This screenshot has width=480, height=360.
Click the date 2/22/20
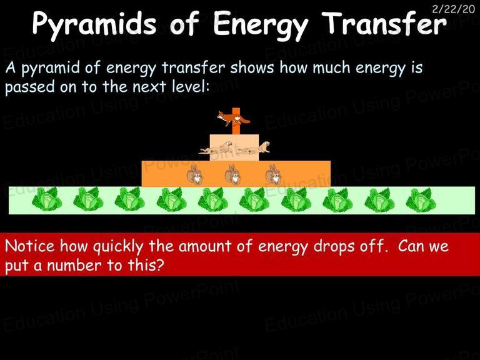(x=453, y=9)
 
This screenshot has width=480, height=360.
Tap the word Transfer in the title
(x=385, y=23)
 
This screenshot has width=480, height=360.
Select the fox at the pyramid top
(x=233, y=119)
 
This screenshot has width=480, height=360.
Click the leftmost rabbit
(x=195, y=174)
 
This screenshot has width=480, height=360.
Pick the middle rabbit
(x=233, y=174)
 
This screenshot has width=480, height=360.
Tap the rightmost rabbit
(x=273, y=174)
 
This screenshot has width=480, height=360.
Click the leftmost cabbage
(x=47, y=199)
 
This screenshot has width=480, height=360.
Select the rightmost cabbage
(x=421, y=200)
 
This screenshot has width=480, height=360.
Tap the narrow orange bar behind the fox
(x=236, y=121)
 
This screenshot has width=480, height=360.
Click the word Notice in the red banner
(x=30, y=246)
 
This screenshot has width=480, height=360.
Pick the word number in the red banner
(x=74, y=265)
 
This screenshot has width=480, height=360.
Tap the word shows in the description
(x=252, y=67)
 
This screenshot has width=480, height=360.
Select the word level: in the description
(x=190, y=86)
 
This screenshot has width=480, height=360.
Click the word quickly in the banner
(x=117, y=247)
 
